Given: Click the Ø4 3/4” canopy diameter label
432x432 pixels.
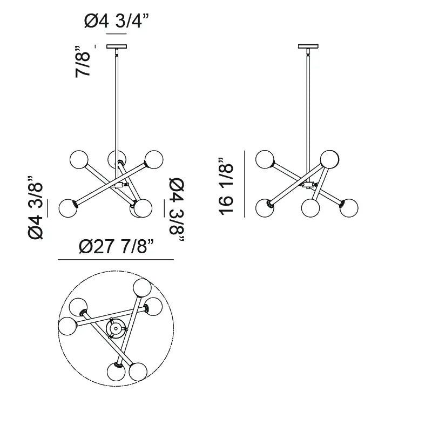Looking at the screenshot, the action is [x=116, y=21].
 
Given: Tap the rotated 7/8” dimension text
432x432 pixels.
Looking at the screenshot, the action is [x=83, y=62].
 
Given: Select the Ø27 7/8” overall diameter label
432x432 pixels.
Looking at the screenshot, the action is [x=116, y=246].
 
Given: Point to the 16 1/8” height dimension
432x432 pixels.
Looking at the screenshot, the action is [x=226, y=186].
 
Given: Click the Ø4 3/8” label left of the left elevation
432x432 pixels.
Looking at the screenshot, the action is [x=35, y=207].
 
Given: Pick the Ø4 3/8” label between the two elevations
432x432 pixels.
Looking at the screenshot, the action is [x=177, y=210].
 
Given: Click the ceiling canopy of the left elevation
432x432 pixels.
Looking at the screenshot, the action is [x=117, y=46].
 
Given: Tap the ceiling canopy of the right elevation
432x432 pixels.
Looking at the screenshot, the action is [x=308, y=46].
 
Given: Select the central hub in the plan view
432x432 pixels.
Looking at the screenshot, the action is [x=116, y=328].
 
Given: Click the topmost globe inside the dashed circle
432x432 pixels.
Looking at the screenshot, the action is [x=142, y=288].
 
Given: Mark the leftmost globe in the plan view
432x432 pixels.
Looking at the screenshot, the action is [x=67, y=326].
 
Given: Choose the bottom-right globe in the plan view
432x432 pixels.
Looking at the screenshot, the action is [x=138, y=372].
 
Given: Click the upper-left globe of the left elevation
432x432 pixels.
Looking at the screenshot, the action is [x=79, y=159].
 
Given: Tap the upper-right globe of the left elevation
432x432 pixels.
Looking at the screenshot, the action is [x=154, y=159].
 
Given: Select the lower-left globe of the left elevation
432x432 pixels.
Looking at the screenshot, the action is [x=68, y=208].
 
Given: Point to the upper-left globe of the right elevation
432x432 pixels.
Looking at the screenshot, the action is [x=265, y=159].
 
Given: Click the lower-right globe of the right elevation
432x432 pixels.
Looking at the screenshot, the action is [x=349, y=208].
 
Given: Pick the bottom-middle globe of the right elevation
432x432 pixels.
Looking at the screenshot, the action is [x=310, y=208].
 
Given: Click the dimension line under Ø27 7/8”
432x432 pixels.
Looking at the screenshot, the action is [x=116, y=260].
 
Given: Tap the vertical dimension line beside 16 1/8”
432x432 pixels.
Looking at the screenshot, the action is [x=245, y=184].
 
